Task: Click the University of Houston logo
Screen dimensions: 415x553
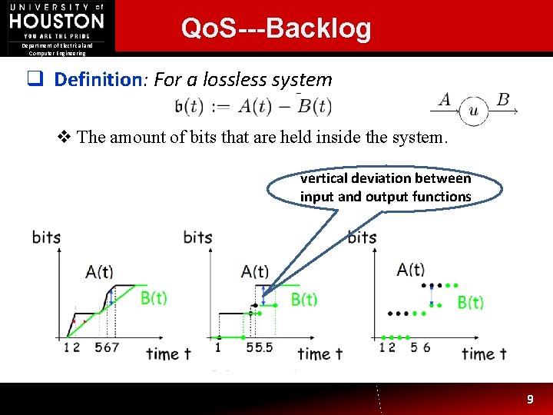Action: pyautogui.click(x=57, y=23)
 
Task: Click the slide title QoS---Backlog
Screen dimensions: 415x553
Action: pyautogui.click(x=276, y=28)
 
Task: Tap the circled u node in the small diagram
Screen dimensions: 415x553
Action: pyautogui.click(x=473, y=112)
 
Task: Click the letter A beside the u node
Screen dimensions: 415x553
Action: pyautogui.click(x=445, y=99)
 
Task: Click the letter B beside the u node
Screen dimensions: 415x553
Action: pyautogui.click(x=503, y=99)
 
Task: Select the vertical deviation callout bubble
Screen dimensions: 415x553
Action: pyautogui.click(x=386, y=188)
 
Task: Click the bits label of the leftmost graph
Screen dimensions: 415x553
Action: pyautogui.click(x=46, y=237)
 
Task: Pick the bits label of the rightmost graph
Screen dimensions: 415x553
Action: pyautogui.click(x=363, y=237)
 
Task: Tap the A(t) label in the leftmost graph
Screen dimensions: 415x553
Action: pyautogui.click(x=99, y=271)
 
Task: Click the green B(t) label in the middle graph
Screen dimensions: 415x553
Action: pyautogui.click(x=304, y=299)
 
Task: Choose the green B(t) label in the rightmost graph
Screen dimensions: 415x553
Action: pyautogui.click(x=470, y=302)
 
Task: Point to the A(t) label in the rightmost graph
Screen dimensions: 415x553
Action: pyautogui.click(x=411, y=269)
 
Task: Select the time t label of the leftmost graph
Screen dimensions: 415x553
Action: pyautogui.click(x=168, y=354)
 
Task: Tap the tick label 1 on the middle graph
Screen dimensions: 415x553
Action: pyautogui.click(x=218, y=348)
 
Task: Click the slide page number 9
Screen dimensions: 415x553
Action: pyautogui.click(x=529, y=399)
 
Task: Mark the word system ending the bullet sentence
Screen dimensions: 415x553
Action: pyautogui.click(x=419, y=138)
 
